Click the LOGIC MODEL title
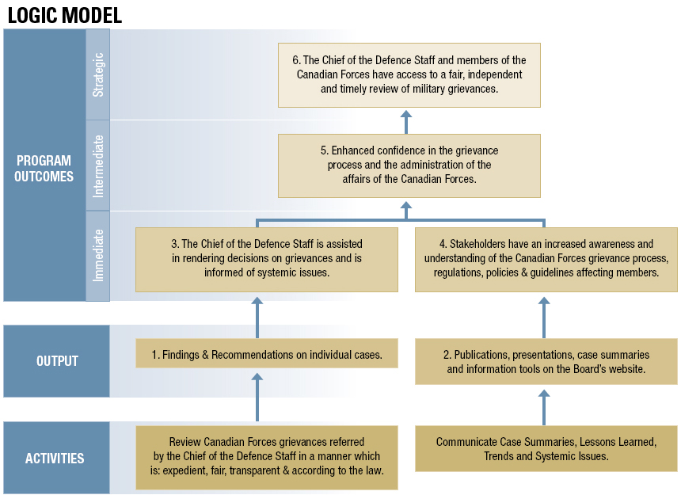tap(65, 15)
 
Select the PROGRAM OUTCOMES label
tap(44, 169)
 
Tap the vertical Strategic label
tap(98, 74)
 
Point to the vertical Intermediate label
tap(98, 166)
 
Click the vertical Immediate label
tap(98, 255)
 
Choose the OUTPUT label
tap(57, 361)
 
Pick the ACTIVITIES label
tap(55, 458)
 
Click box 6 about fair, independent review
tap(409, 75)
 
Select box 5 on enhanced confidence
tap(409, 166)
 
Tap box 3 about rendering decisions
tap(267, 260)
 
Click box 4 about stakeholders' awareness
tap(546, 260)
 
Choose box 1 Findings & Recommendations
tap(267, 353)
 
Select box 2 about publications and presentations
tap(546, 362)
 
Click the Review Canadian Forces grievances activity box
tap(267, 458)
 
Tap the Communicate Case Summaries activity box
tap(546, 448)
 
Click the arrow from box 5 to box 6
tap(406, 122)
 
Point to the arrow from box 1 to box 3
tap(257, 318)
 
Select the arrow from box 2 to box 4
tap(544, 318)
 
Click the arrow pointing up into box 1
tap(257, 398)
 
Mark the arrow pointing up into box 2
tap(544, 407)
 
